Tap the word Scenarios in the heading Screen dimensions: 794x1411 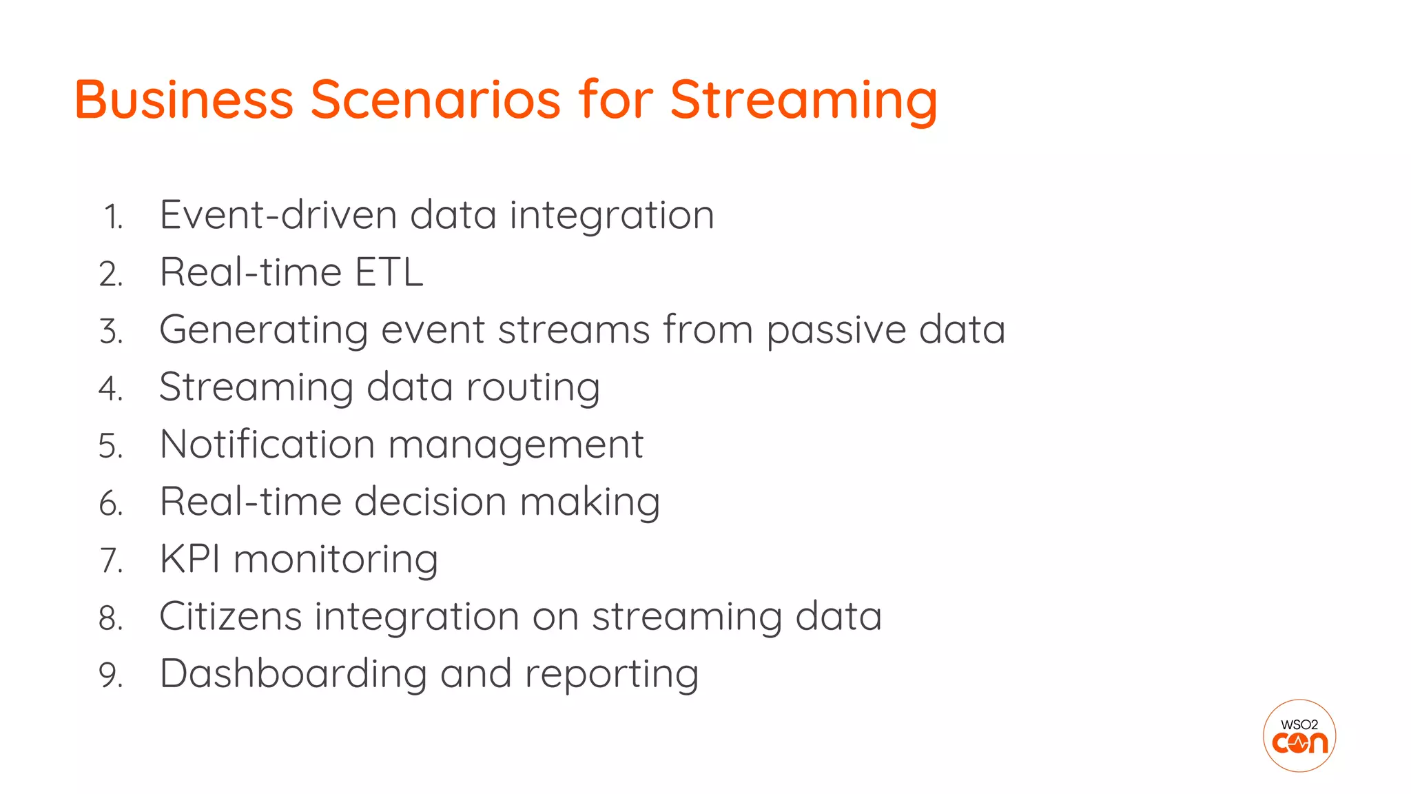[x=435, y=100]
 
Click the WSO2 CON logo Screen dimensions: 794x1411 [x=1299, y=735]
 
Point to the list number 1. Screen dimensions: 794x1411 [x=113, y=218]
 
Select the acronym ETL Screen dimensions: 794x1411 [x=389, y=272]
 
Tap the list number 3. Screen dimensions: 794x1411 [x=111, y=332]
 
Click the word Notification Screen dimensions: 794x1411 [x=267, y=444]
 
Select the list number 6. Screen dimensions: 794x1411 [x=111, y=504]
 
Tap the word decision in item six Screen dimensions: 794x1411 [x=430, y=502]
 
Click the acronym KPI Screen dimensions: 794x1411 [x=190, y=559]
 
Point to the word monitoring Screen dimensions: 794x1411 [x=336, y=560]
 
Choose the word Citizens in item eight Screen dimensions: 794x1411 [x=230, y=616]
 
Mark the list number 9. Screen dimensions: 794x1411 [x=111, y=675]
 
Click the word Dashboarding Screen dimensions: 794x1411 [x=293, y=674]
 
